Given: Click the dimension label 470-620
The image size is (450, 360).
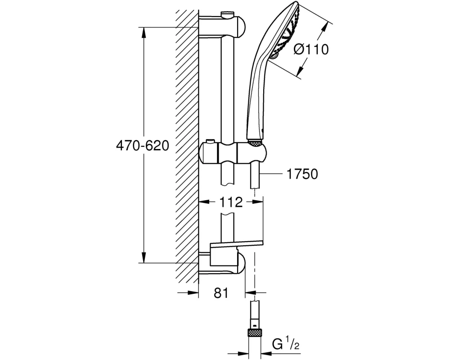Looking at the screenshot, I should (142, 146).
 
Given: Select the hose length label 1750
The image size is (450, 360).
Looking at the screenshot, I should (303, 174).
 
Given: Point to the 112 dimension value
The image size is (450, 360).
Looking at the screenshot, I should (231, 202).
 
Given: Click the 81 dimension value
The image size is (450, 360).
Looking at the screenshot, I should (220, 293).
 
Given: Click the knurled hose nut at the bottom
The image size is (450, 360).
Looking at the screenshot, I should (255, 333).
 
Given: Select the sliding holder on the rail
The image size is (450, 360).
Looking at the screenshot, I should (229, 153).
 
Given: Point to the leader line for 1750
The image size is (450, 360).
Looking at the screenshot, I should (274, 174).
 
